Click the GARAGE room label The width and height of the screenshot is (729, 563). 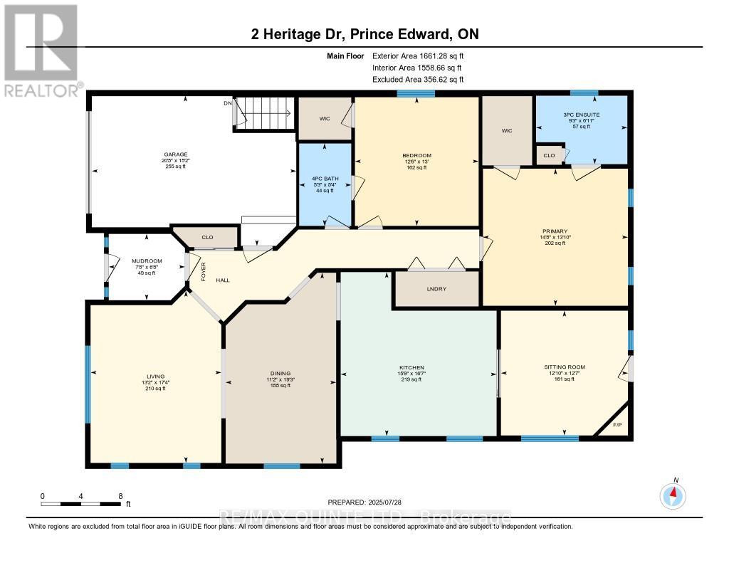(x=174, y=154)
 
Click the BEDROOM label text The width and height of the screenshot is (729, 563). (x=416, y=155)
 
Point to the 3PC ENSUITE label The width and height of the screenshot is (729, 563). (x=581, y=115)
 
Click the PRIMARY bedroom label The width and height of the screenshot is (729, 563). (x=555, y=231)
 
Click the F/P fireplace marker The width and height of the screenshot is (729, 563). (x=617, y=426)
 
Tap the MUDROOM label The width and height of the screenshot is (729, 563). (x=147, y=261)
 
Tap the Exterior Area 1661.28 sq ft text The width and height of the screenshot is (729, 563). (x=418, y=56)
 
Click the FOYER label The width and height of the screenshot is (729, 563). (x=203, y=272)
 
